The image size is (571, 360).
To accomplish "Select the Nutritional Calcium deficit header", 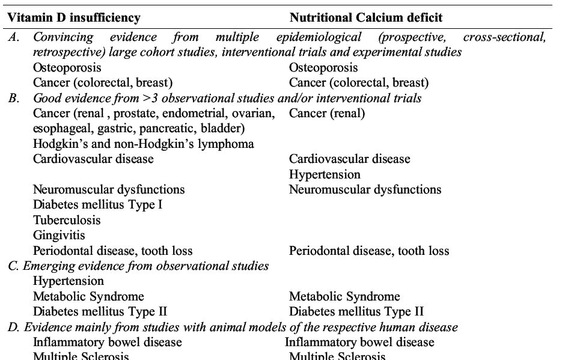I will pyautogui.click(x=367, y=18).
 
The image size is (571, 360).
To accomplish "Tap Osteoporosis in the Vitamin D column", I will pyautogui.click(x=67, y=67).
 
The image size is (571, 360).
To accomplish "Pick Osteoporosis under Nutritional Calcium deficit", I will pyautogui.click(x=323, y=67).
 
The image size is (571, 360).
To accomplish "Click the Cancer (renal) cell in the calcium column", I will pyautogui.click(x=327, y=113).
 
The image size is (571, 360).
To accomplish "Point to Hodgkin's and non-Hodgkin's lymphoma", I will pyautogui.click(x=144, y=144).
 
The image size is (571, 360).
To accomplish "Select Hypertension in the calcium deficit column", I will pyautogui.click(x=325, y=175).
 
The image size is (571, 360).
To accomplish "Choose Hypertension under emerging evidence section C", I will pyautogui.click(x=69, y=281).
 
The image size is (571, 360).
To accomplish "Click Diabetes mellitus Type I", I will pyautogui.click(x=98, y=205).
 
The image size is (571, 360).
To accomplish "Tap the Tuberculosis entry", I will pyautogui.click(x=67, y=220).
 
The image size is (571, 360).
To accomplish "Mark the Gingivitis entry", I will pyautogui.click(x=59, y=235).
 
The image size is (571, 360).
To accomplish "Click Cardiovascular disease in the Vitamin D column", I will pyautogui.click(x=93, y=159).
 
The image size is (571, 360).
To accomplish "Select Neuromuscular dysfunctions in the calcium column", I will pyautogui.click(x=365, y=190).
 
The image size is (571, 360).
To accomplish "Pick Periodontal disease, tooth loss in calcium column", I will pyautogui.click(x=369, y=251).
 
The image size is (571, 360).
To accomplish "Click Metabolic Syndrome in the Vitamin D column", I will pyautogui.click(x=88, y=296).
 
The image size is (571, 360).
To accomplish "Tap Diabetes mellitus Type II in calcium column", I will pyautogui.click(x=356, y=311).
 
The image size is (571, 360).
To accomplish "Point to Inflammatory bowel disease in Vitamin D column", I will pyautogui.click(x=108, y=342).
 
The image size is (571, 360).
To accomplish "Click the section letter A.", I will pyautogui.click(x=13, y=37).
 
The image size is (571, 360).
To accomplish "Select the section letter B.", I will pyautogui.click(x=13, y=98).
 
